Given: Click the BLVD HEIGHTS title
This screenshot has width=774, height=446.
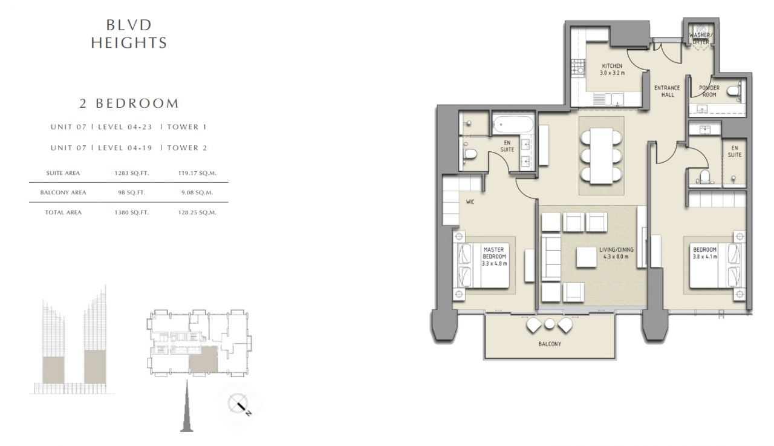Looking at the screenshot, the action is pyautogui.click(x=129, y=34).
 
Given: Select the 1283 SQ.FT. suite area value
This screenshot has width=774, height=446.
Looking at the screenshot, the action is pyautogui.click(x=132, y=173).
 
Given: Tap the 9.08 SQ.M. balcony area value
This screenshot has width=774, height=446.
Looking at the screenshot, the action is pyautogui.click(x=197, y=192).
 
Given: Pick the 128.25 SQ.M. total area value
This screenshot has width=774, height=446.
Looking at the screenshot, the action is pyautogui.click(x=197, y=212).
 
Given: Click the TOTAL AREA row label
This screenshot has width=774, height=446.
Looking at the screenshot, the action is pyautogui.click(x=63, y=212).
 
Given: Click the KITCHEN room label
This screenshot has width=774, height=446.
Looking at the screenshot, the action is pyautogui.click(x=613, y=66).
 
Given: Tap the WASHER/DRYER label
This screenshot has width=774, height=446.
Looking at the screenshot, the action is pyautogui.click(x=700, y=38).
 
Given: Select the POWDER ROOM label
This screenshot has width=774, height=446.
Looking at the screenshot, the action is pyautogui.click(x=709, y=91).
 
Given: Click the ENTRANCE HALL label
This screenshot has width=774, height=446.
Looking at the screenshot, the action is pyautogui.click(x=667, y=91).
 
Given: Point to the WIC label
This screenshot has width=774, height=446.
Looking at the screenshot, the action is pyautogui.click(x=470, y=202).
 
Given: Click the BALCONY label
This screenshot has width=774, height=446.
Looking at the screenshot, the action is pyautogui.click(x=550, y=344).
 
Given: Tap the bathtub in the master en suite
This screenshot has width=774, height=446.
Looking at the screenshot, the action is pyautogui.click(x=513, y=125).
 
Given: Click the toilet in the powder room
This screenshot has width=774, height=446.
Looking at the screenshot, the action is pyautogui.click(x=734, y=91).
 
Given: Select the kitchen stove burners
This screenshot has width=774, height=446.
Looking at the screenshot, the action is pyautogui.click(x=577, y=67).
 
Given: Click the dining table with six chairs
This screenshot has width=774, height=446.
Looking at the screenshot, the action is pyautogui.click(x=602, y=156).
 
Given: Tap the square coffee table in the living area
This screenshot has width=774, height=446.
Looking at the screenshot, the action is pyautogui.click(x=587, y=257).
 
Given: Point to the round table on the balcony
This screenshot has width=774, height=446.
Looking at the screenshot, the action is pyautogui.click(x=550, y=324).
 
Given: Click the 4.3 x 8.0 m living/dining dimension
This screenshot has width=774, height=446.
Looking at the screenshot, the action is pyautogui.click(x=616, y=257).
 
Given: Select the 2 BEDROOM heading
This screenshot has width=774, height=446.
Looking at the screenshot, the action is pyautogui.click(x=129, y=103).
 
